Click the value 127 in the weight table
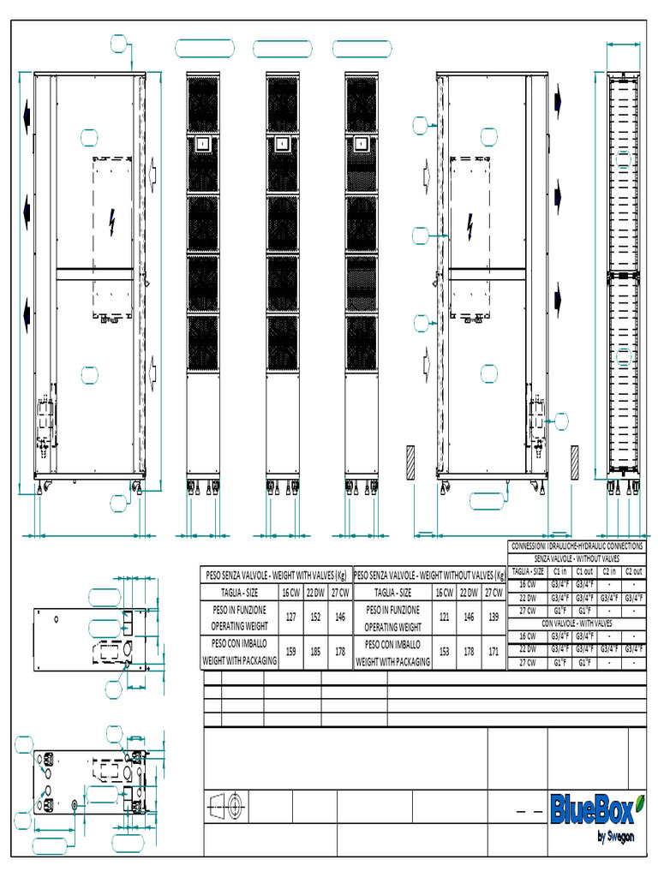[291, 618]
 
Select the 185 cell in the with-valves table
[316, 652]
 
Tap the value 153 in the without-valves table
[444, 652]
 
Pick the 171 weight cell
[493, 652]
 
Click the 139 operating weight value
[493, 617]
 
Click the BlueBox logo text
[591, 808]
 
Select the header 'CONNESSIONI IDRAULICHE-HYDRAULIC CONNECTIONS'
[577, 546]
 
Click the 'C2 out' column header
[633, 571]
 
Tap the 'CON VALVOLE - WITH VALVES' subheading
[577, 624]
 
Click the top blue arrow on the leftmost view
[27, 114]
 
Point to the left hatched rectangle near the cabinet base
[410, 462]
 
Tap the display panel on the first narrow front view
[203, 145]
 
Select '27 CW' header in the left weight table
[341, 593]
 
